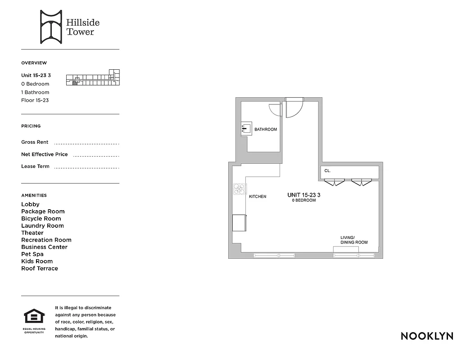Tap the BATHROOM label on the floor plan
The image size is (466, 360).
(266, 130)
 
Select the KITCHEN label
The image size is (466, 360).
(258, 197)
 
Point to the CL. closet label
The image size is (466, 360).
(327, 171)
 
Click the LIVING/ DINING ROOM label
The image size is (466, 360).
(354, 240)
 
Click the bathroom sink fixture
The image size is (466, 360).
(245, 129)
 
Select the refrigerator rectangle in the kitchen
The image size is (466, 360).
(239, 223)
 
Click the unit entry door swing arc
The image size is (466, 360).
(294, 109)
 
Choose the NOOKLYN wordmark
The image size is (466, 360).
(426, 336)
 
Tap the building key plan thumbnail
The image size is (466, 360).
(93, 78)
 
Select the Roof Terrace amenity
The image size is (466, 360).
(40, 269)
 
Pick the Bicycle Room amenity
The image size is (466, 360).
(41, 219)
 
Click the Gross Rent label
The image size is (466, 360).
(35, 142)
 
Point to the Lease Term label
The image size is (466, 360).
(35, 166)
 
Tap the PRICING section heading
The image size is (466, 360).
(31, 126)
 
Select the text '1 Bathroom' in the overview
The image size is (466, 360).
(35, 92)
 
